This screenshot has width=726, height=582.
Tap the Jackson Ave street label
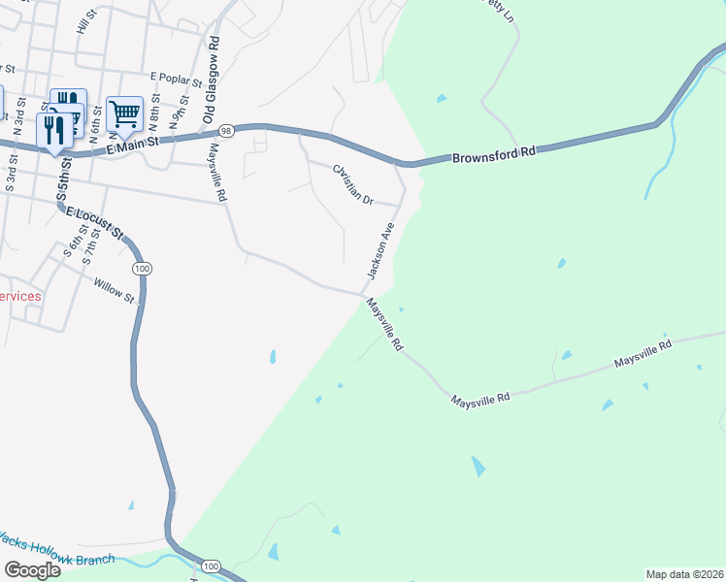(x=379, y=250)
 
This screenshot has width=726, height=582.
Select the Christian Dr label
(x=353, y=184)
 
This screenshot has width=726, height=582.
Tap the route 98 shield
(x=225, y=129)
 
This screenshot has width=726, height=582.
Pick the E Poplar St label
(x=175, y=77)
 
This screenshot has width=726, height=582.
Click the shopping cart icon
(x=125, y=113)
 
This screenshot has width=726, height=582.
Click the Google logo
(x=32, y=569)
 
